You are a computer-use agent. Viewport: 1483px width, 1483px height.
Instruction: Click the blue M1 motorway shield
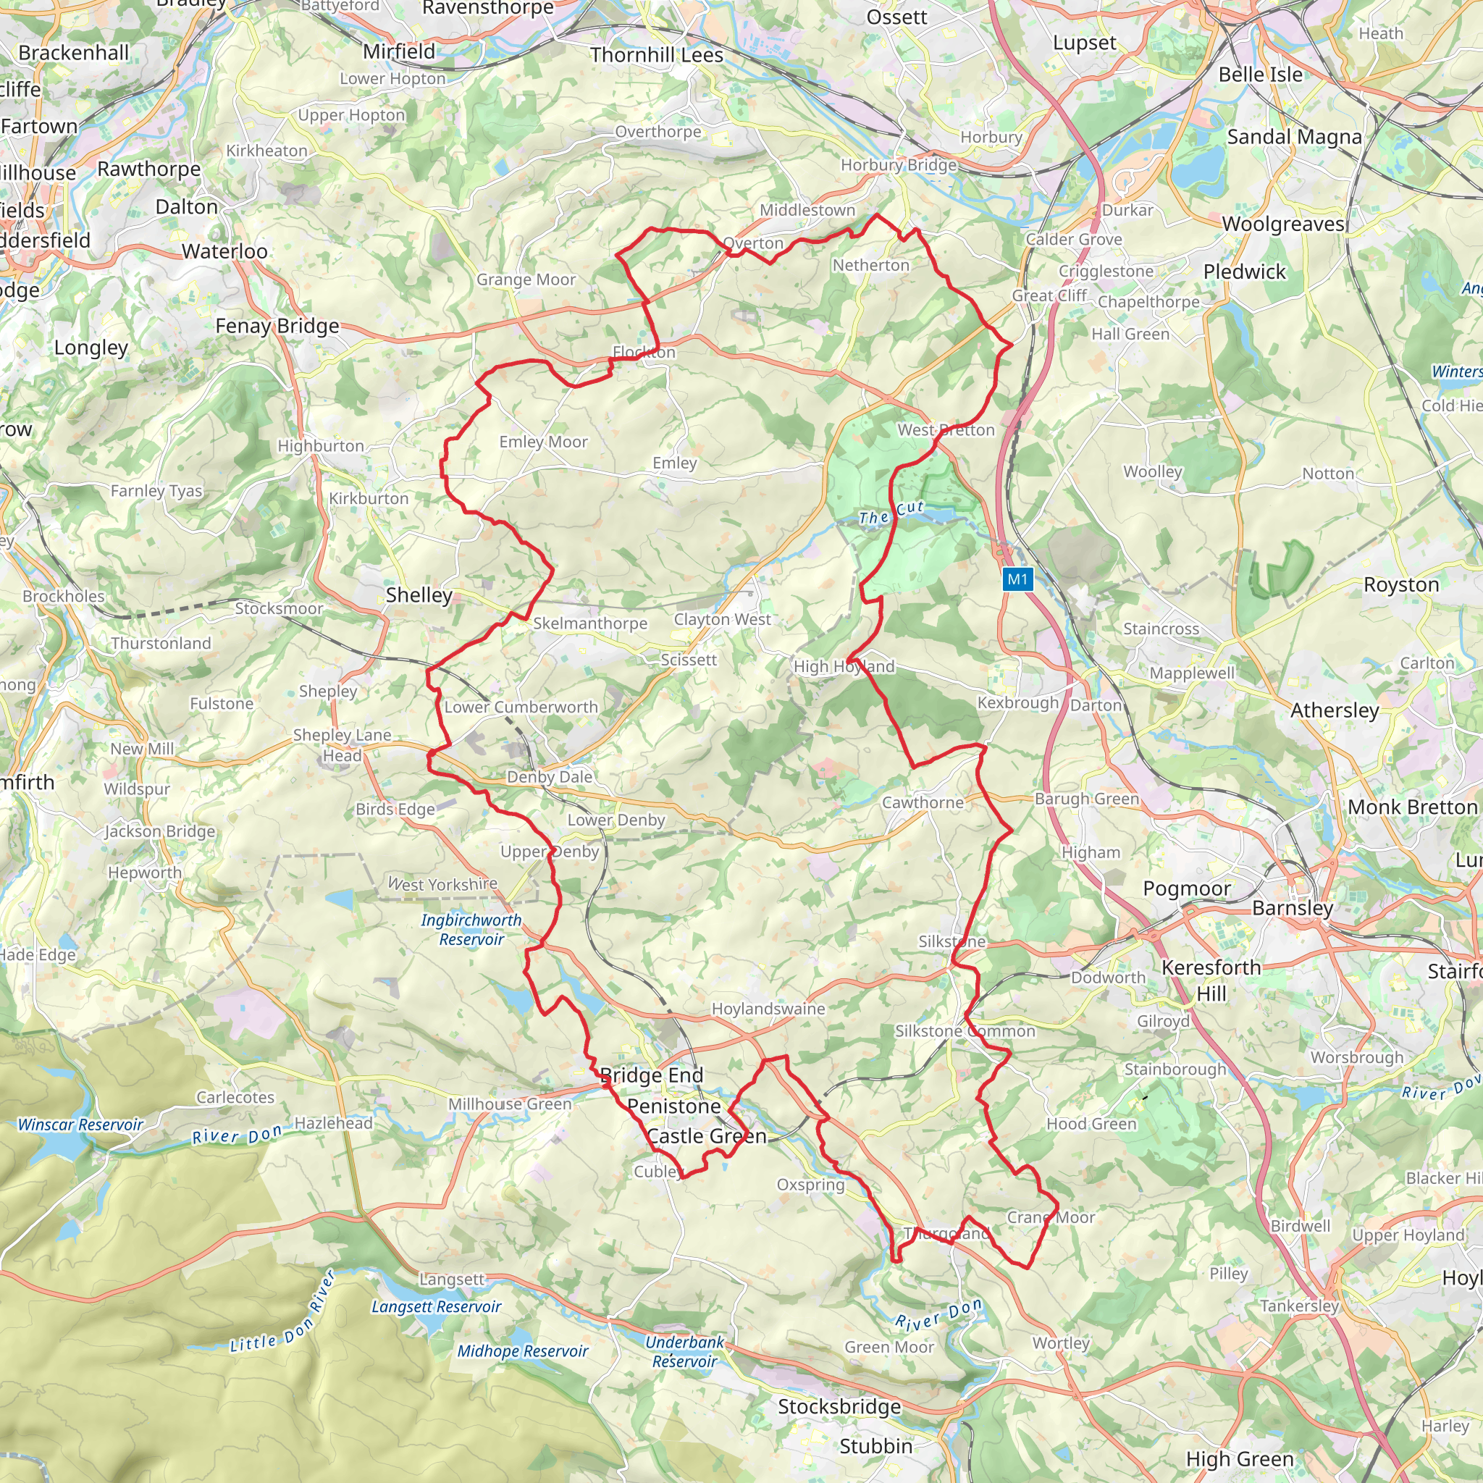1017,579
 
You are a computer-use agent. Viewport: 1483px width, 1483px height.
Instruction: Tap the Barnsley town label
1293,908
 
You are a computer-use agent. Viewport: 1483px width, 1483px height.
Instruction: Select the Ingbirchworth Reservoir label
471,930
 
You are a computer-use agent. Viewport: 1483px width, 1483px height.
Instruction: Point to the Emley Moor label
544,442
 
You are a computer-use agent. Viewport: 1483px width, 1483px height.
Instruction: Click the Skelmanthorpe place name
590,623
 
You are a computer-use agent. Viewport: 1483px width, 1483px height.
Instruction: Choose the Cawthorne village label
923,803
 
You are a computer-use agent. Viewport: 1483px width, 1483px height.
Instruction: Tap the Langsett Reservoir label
436,1306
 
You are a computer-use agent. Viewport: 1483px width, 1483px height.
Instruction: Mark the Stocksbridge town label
840,1406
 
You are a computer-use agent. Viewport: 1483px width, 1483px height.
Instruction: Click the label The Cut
891,513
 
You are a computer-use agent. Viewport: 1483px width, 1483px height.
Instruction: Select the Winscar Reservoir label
80,1125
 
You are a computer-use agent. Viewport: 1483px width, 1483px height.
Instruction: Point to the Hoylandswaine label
768,1009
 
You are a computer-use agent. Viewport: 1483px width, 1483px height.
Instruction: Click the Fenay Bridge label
277,327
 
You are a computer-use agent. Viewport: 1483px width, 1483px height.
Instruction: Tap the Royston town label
1401,585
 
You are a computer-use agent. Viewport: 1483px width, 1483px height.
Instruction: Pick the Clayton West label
722,619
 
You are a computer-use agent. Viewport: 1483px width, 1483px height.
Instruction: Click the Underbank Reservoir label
685,1352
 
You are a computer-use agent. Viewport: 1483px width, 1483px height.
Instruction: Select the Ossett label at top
896,17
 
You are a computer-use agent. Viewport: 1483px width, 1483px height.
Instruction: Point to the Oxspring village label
810,1185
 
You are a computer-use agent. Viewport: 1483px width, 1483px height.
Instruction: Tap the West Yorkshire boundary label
443,884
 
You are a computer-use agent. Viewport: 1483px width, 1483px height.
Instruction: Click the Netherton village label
871,266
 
